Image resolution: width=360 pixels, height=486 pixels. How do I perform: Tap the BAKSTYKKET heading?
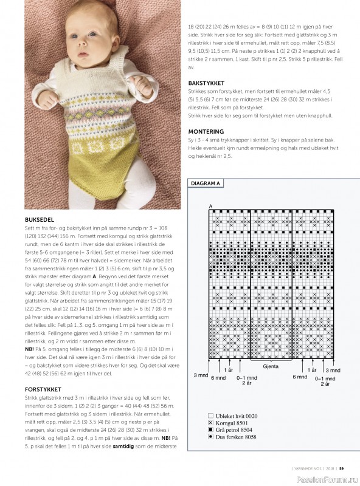click(206, 83)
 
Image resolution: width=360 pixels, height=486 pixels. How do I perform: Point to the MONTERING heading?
click(206, 131)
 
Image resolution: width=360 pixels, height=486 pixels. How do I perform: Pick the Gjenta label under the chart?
click(271, 368)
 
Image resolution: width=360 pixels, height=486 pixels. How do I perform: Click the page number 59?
click(342, 468)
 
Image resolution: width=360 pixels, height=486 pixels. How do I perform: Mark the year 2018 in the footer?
click(328, 468)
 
